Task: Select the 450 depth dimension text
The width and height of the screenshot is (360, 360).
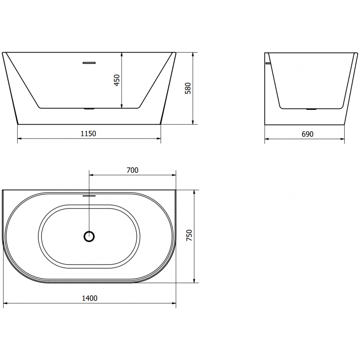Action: tap(117, 81)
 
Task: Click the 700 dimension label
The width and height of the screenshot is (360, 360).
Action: tap(132, 170)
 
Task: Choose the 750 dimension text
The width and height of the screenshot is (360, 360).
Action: tap(189, 236)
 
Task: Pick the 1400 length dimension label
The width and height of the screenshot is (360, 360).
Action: tap(90, 298)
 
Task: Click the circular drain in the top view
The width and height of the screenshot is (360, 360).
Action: tap(90, 236)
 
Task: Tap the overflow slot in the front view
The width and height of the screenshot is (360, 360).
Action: tap(90, 63)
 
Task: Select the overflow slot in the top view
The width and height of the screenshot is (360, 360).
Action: tap(90, 196)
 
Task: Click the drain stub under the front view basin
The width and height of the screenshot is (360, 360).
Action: tap(90, 109)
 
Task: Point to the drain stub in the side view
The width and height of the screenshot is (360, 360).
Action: tap(311, 109)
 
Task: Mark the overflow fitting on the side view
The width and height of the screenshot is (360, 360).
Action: tap(268, 64)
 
